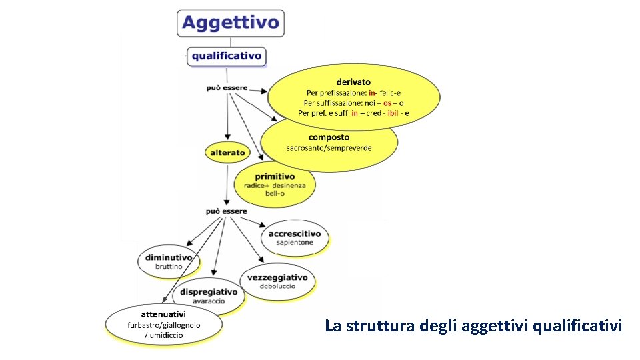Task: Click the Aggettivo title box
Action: [x=231, y=23]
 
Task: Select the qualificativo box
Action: [x=227, y=56]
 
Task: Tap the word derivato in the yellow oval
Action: [x=354, y=82]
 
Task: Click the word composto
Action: [x=329, y=137]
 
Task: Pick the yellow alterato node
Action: [x=227, y=153]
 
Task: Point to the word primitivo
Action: [x=275, y=176]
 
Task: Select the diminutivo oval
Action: [x=169, y=261]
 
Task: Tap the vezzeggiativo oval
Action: [x=277, y=281]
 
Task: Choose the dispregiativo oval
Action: [x=209, y=296]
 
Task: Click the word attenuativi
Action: [x=163, y=313]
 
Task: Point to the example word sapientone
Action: [x=295, y=243]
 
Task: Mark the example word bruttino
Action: [x=169, y=267]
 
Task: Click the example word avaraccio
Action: [x=209, y=301]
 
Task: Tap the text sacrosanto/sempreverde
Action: [x=329, y=147]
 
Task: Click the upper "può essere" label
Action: [x=227, y=87]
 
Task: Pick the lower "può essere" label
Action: [x=226, y=211]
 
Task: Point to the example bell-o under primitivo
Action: [x=275, y=193]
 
